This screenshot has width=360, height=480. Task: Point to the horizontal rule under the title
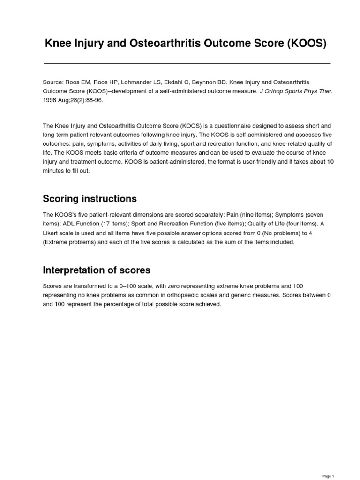[x=187, y=63]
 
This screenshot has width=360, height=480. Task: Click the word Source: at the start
[x=53, y=82]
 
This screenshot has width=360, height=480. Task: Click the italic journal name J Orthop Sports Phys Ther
[x=296, y=91]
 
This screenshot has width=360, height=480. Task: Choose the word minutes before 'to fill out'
[x=53, y=171]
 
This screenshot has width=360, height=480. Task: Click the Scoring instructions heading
[x=90, y=199]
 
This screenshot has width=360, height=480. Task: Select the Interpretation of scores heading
[x=97, y=270]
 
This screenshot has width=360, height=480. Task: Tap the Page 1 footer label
[x=328, y=476]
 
